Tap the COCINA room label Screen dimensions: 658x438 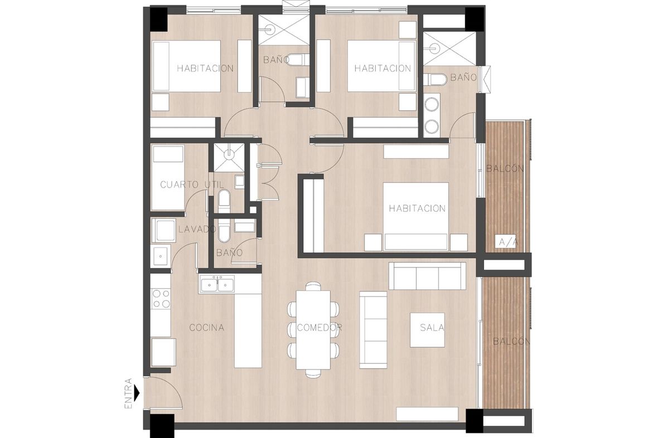tap(206, 328)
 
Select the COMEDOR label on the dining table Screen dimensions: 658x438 tap(320, 328)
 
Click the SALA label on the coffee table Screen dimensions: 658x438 tap(432, 328)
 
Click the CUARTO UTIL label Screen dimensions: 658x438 tap(192, 184)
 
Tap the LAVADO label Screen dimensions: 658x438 tap(197, 229)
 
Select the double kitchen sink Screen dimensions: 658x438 tap(217, 284)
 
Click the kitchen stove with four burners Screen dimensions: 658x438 tap(161, 298)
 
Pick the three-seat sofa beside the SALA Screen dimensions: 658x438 tap(427, 276)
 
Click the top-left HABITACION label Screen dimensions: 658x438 tap(205, 69)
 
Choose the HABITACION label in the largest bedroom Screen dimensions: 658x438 tap(417, 208)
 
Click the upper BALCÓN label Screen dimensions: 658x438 tap(505, 169)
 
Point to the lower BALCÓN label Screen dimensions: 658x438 tap(509, 342)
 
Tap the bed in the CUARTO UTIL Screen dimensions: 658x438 tap(167, 178)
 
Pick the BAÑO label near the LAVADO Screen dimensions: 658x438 tap(229, 253)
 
